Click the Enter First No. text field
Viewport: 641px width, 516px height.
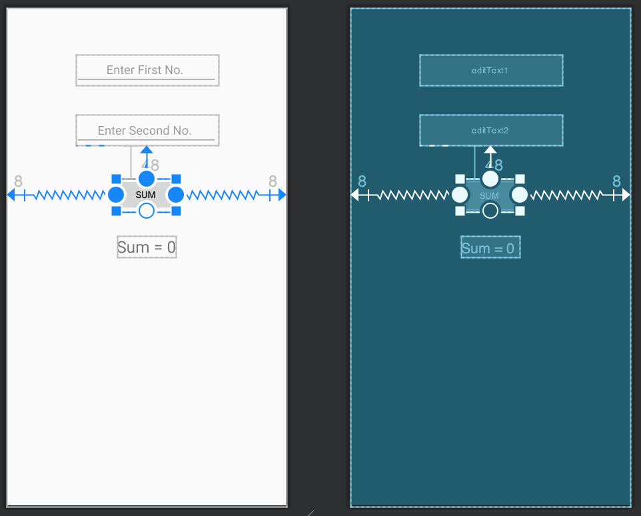[x=147, y=70]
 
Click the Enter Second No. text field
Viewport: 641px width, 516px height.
[x=147, y=130]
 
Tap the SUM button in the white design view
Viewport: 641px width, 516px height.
[x=145, y=195]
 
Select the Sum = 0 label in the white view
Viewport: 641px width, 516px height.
[x=147, y=247]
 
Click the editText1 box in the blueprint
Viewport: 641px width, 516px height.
[x=490, y=70]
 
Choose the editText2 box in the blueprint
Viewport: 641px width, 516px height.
[x=490, y=130]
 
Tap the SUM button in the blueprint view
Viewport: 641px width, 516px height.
[x=489, y=195]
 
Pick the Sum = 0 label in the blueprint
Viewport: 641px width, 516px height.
[x=490, y=248]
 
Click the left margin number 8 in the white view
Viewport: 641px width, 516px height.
[x=18, y=181]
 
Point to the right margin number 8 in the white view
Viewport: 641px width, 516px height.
[x=273, y=181]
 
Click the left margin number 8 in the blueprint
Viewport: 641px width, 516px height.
[x=362, y=181]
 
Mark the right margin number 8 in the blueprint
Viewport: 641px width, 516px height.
[x=616, y=181]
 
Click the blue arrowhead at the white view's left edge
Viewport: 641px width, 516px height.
[x=11, y=195]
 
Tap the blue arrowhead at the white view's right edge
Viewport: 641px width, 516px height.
[x=283, y=195]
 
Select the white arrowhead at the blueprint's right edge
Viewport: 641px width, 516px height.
[x=626, y=195]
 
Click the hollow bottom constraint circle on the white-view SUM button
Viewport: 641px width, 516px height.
[x=147, y=211]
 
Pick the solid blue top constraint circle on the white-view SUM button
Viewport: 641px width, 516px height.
[x=147, y=179]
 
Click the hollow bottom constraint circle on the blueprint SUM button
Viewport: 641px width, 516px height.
[x=490, y=211]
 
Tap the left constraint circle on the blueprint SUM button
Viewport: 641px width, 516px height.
[x=460, y=195]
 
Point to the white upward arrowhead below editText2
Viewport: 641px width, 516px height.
[x=490, y=150]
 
